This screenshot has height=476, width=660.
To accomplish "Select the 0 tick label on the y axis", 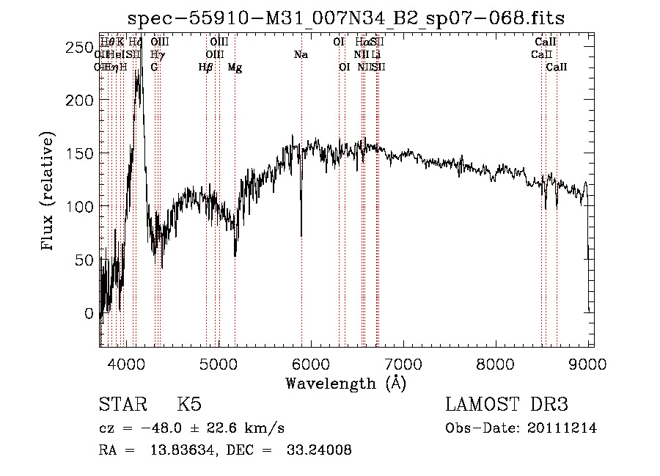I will click(89, 313).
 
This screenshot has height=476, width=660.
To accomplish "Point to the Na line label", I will click(301, 55).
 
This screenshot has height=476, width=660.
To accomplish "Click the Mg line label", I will click(235, 67).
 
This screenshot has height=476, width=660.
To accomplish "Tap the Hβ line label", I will click(206, 67).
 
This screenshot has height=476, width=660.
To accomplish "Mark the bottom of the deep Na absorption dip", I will click(301, 235).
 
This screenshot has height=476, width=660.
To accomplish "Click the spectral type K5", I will click(189, 405).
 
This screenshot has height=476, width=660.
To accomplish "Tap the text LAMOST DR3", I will click(507, 405).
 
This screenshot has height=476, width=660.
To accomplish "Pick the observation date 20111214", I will click(561, 428).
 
